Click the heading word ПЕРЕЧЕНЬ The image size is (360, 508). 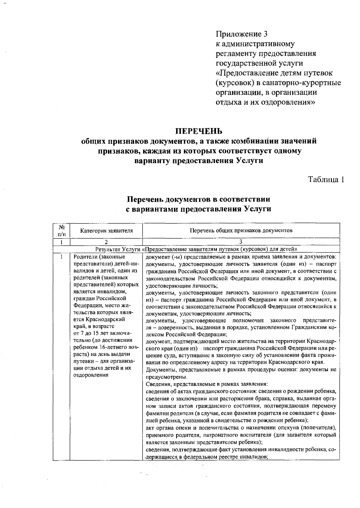pyautogui.click(x=199, y=131)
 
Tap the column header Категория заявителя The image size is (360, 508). pyautogui.click(x=106, y=231)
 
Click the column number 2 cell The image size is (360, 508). pyautogui.click(x=106, y=242)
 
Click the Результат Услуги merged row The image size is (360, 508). pyautogui.click(x=196, y=249)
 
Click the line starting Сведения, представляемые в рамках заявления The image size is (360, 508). pyautogui.click(x=207, y=384)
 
